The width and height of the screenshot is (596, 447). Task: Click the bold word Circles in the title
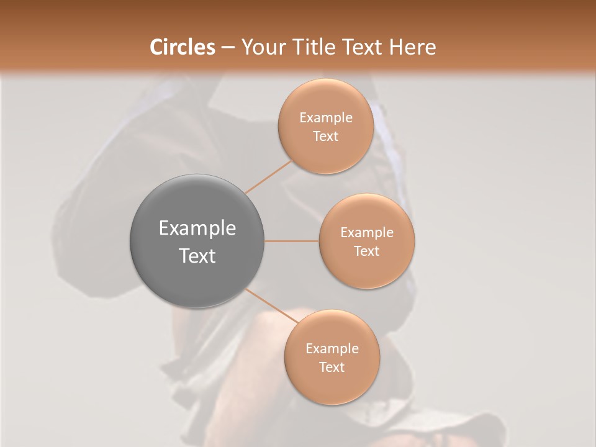[183, 47]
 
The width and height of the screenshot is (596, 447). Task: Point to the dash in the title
[228, 48]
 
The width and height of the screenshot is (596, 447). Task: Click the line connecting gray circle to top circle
[268, 177]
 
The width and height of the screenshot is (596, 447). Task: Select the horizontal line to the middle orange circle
[291, 241]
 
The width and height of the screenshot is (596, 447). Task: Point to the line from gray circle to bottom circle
[271, 306]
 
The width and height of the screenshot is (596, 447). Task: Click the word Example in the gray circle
[197, 228]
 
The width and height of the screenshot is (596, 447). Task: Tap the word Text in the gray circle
[197, 256]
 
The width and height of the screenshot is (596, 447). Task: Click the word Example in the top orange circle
[325, 118]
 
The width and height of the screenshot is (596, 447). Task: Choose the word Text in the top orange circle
[325, 137]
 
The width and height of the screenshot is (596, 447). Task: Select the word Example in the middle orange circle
[366, 233]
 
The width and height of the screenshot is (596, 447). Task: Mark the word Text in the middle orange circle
[366, 251]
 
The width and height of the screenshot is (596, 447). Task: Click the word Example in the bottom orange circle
[332, 349]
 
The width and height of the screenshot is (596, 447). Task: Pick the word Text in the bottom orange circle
[332, 368]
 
